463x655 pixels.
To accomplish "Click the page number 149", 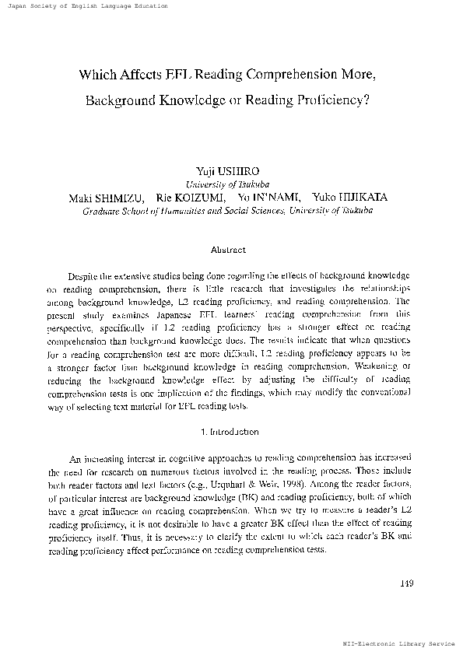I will (x=405, y=583).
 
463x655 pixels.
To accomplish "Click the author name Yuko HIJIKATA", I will (x=351, y=198).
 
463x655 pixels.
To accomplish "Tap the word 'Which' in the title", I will (x=97, y=75).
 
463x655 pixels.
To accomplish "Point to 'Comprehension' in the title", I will (x=288, y=75).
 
